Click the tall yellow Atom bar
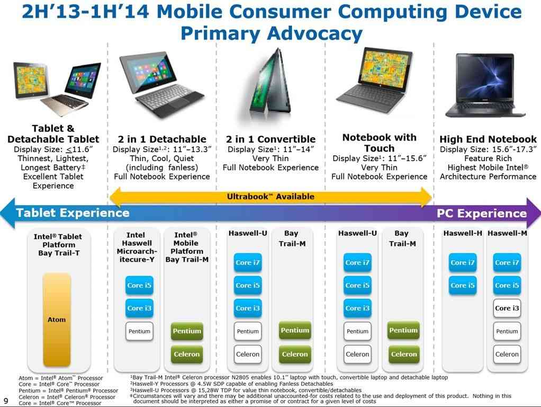pos(57,320)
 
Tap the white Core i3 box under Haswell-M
pos(507,308)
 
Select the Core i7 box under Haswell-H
pos(462,262)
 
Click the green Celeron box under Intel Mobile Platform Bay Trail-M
pos(187,354)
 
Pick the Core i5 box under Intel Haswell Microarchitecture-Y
pos(139,286)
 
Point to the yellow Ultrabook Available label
pos(270,197)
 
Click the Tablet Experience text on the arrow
pos(73,213)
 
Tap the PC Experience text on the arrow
pos(482,214)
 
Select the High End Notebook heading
pos(488,139)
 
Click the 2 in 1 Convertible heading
pos(271,139)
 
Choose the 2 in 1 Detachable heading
pos(162,139)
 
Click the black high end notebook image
pos(485,85)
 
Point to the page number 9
pos(6,401)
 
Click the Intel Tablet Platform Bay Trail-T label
pos(58,245)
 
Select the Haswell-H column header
pos(463,233)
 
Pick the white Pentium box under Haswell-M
pos(507,331)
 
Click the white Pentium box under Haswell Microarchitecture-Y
pos(139,331)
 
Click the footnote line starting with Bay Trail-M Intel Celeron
pos(289,378)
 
